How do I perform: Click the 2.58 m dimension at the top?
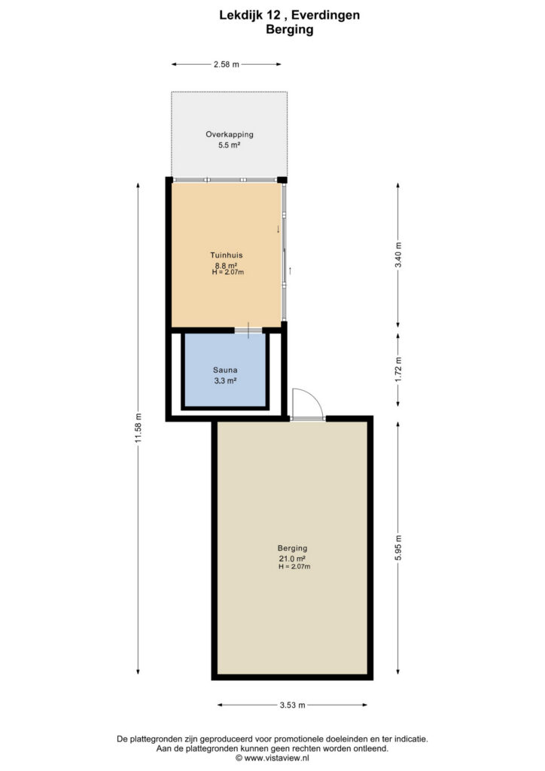coord(226,64)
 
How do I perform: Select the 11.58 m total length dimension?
coord(138,427)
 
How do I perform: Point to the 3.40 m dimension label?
coord(398,254)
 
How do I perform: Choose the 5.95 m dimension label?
coord(398,548)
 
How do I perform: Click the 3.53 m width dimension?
coord(292,705)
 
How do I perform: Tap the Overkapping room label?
coord(230,134)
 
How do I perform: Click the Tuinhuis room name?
coord(227,255)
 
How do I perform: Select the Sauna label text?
coord(225,370)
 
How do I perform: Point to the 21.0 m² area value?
coord(292,559)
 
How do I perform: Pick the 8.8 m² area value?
coord(226,266)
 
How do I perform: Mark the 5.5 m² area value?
coord(229,145)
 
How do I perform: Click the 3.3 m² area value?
coord(225,380)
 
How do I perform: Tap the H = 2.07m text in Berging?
coord(294,566)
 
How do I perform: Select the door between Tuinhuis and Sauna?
coord(248,331)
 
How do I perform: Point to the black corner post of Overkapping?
coord(282,179)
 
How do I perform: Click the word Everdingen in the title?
coord(325,15)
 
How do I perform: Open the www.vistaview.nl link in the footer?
coord(277,758)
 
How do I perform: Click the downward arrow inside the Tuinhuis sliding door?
coord(279,229)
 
